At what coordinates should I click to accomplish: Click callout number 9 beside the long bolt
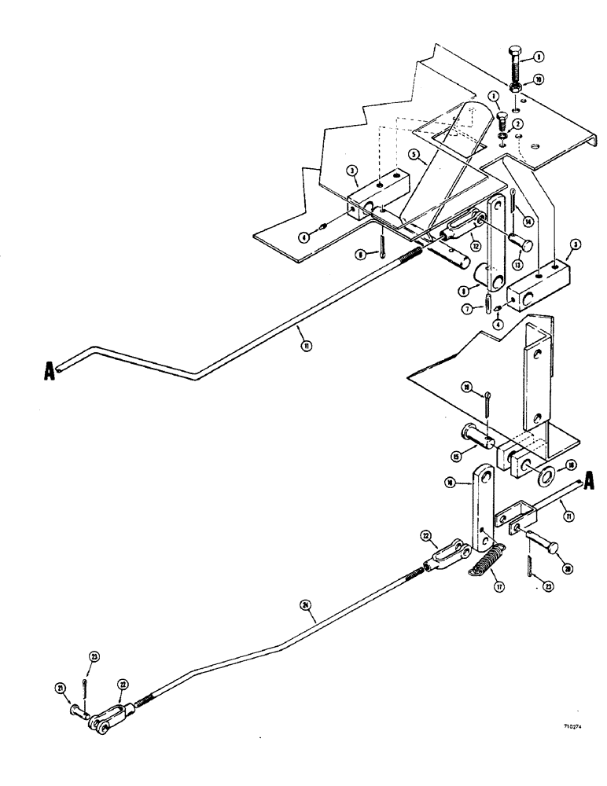pos(539,57)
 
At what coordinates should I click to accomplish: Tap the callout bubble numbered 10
pos(538,80)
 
